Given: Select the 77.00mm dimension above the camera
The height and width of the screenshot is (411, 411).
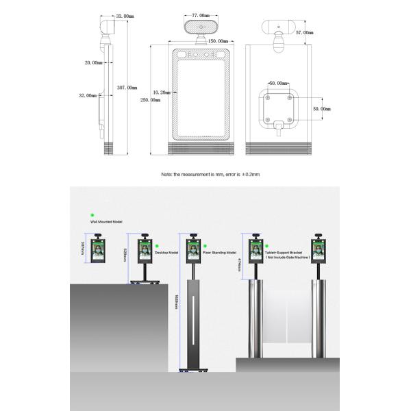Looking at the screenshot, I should [200, 14].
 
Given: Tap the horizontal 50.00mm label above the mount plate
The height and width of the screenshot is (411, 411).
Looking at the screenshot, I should [277, 83].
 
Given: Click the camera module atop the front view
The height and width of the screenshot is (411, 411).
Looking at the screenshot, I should [200, 26].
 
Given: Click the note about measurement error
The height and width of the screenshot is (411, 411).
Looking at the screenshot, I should [210, 175].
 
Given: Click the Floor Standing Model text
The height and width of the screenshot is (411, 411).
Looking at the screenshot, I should [219, 253].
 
